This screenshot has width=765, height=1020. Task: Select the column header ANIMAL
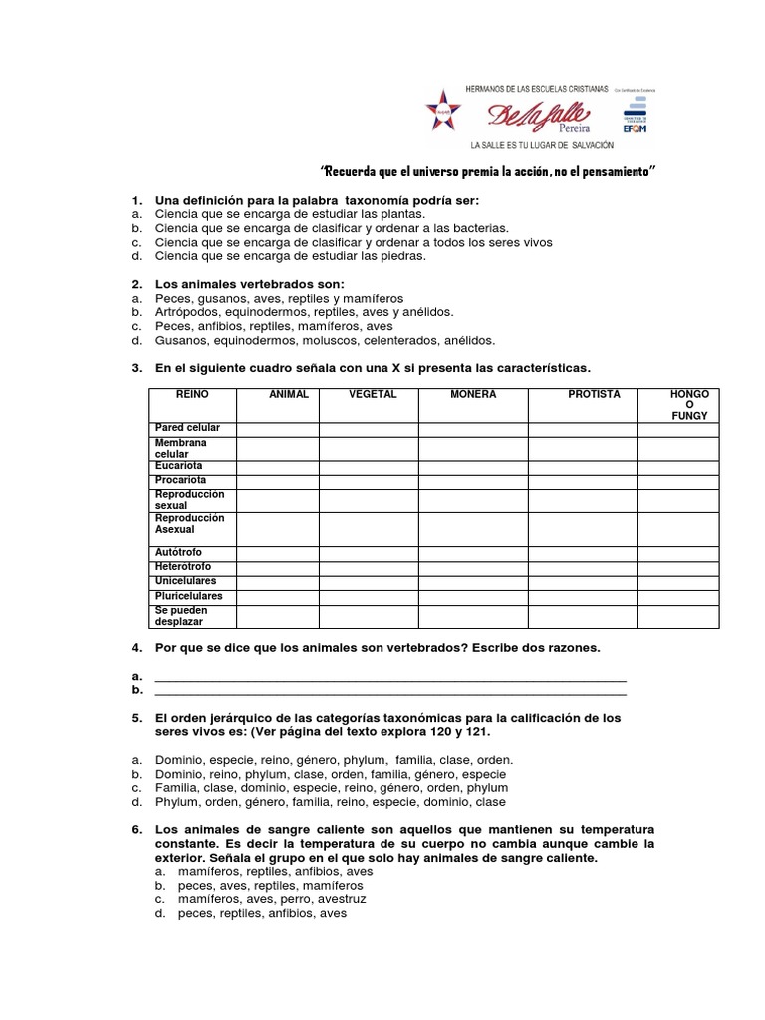[289, 395]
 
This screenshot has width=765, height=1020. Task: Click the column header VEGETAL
[373, 395]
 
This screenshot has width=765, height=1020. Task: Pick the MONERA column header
[473, 395]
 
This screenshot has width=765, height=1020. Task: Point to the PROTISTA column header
[594, 395]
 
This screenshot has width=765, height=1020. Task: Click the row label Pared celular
[187, 428]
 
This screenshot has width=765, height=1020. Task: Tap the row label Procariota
[181, 480]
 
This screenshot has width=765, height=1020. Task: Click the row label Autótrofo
[180, 551]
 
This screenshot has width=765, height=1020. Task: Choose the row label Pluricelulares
[188, 596]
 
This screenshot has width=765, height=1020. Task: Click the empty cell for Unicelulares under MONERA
[473, 581]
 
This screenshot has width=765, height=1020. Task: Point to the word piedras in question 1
[375, 256]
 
